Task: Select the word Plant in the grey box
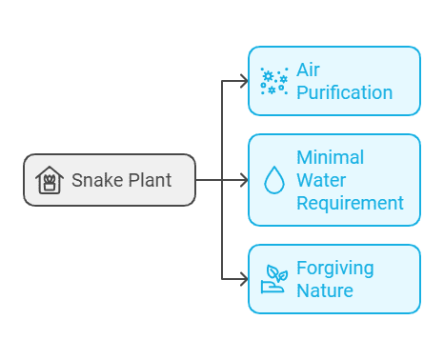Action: coord(149,180)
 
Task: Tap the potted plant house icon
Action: coord(49,180)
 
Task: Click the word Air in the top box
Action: coord(308,70)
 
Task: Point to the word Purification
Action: coord(344,92)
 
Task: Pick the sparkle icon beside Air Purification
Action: coord(273,81)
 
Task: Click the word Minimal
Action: coord(331,157)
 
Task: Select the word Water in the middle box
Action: coord(322,180)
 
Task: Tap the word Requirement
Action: coord(350,203)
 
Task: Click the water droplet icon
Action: coord(273,181)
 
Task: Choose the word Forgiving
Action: coord(334,268)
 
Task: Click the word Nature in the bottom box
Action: coord(324,290)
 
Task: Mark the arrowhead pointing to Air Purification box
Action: coord(243,81)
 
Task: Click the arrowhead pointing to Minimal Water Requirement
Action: coord(243,180)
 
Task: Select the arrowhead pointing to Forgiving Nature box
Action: coord(243,279)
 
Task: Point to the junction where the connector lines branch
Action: coord(222,180)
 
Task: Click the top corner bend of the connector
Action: coord(222,81)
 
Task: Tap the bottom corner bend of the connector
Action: coord(222,279)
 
